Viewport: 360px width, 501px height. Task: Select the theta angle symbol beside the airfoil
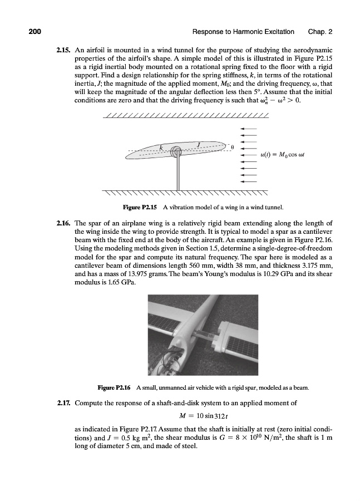(x=233, y=148)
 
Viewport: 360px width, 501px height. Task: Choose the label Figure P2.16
(x=115, y=387)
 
